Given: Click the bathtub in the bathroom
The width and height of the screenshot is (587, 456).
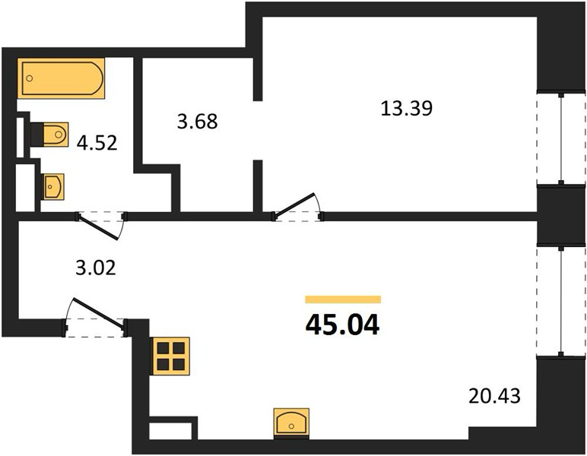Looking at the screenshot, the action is [x=61, y=78].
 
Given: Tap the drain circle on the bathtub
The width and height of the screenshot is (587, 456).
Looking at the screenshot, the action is [x=30, y=78].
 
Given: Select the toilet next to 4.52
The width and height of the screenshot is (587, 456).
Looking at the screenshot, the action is [x=49, y=135].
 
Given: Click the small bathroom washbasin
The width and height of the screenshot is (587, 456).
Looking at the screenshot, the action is [x=52, y=186].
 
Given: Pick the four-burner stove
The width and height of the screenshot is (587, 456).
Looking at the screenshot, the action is [x=171, y=356].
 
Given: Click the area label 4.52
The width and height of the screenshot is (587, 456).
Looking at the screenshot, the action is [x=97, y=143].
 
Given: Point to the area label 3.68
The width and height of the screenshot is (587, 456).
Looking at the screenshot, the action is [x=197, y=121].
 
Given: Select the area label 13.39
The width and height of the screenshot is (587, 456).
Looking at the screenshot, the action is [x=407, y=109].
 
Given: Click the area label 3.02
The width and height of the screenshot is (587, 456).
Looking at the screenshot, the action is [x=96, y=268].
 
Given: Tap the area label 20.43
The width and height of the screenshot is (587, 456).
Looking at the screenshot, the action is [x=494, y=396].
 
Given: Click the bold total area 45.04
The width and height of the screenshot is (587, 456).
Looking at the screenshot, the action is [x=342, y=325].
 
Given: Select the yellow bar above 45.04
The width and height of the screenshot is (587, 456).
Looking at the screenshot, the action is [x=343, y=299].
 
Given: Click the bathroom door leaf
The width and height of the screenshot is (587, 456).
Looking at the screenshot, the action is [x=98, y=226].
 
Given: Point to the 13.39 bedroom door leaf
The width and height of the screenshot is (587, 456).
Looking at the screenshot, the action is [x=294, y=205].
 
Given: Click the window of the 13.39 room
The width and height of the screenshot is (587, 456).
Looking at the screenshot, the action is [x=561, y=138].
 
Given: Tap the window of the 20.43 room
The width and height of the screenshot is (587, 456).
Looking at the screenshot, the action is [x=561, y=301].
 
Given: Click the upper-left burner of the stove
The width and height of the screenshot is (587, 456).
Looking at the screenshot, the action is [x=163, y=348].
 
